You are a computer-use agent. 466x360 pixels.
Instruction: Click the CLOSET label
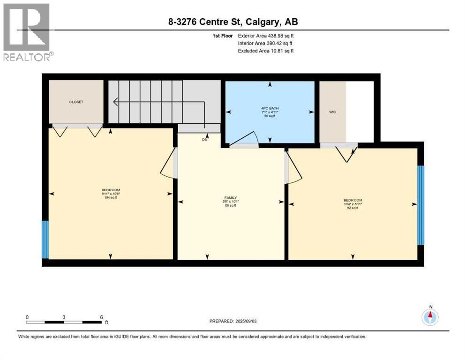point(76,102)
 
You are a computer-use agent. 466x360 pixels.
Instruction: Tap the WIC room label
point(333,112)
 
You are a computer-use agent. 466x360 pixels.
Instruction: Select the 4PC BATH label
point(270,108)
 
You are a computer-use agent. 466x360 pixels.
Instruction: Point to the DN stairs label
point(204,140)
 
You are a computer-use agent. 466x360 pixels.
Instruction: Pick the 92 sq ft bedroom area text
point(353,207)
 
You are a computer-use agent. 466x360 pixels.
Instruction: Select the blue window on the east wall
point(421,205)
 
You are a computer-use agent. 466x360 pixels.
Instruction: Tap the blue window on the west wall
point(45,239)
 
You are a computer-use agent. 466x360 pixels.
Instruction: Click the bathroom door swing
point(248,139)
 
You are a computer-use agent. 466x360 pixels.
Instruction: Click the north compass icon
point(430,317)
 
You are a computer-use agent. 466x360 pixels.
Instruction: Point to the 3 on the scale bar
point(64,317)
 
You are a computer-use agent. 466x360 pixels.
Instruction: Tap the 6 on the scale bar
point(101,317)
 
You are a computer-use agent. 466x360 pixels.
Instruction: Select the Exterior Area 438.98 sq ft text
point(266,36)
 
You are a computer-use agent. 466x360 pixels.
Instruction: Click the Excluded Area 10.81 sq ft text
point(266,51)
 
